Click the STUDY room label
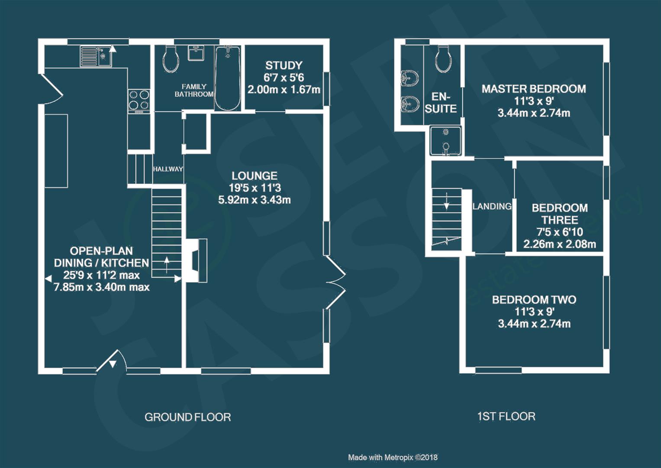pyautogui.click(x=284, y=65)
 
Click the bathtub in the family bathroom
pyautogui.click(x=228, y=78)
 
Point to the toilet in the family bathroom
pyautogui.click(x=171, y=59)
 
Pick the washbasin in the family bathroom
pyautogui.click(x=196, y=53)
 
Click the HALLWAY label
pyautogui.click(x=168, y=169)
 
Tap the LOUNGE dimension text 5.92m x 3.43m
pyautogui.click(x=255, y=200)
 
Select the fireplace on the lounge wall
pyautogui.click(x=196, y=260)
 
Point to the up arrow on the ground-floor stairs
pyautogui.click(x=167, y=264)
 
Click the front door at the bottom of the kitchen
pyautogui.click(x=112, y=361)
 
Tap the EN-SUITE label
pyautogui.click(x=441, y=103)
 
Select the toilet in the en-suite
pyautogui.click(x=443, y=59)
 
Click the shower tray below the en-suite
pyautogui.click(x=445, y=141)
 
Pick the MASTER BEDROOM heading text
pyautogui.click(x=534, y=89)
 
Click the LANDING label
pyautogui.click(x=492, y=207)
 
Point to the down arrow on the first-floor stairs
pyautogui.click(x=446, y=201)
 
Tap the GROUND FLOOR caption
pyautogui.click(x=188, y=417)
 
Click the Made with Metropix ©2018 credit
pyautogui.click(x=393, y=458)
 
